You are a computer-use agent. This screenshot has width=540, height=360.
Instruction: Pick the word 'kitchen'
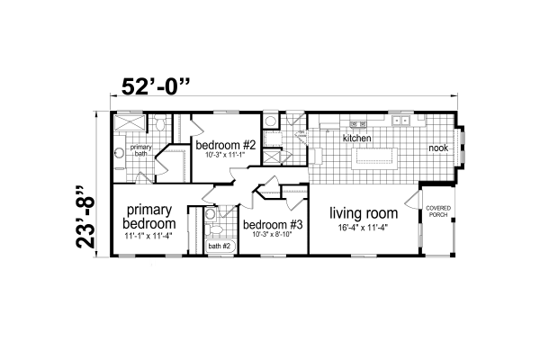tap(356, 139)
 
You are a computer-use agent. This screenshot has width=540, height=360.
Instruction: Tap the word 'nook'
tap(437, 148)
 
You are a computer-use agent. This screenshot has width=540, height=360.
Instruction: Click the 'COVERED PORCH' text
tap(439, 212)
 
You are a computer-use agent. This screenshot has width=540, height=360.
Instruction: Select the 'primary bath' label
tap(140, 149)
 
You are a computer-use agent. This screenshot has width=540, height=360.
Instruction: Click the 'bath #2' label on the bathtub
tap(220, 245)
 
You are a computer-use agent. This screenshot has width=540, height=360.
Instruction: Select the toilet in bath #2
tap(210, 216)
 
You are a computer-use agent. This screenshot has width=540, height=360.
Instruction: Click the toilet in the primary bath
tap(153, 126)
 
